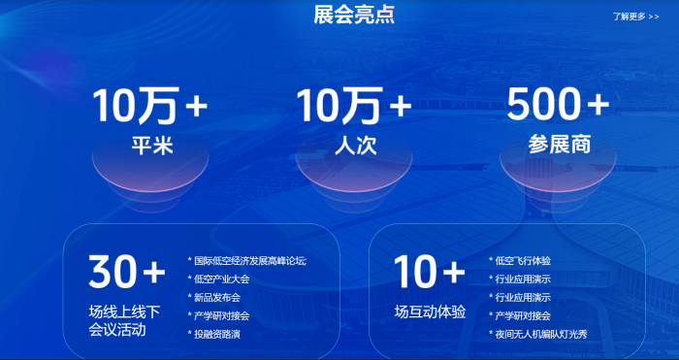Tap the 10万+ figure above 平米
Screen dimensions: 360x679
point(150,106)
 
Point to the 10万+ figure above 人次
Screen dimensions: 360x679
point(354,106)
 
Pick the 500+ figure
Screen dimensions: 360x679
point(558,104)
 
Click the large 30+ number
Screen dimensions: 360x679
point(125,273)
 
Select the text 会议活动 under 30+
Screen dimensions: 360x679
point(117,330)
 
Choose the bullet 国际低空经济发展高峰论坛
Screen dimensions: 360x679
point(249,260)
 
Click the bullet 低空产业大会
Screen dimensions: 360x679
point(222,278)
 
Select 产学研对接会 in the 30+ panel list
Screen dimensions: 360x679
point(222,315)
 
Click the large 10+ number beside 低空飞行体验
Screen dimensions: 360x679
point(430,273)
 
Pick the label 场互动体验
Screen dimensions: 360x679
point(431,312)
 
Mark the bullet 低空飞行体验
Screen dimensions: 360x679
point(523,260)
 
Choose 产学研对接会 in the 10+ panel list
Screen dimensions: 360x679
point(523,315)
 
